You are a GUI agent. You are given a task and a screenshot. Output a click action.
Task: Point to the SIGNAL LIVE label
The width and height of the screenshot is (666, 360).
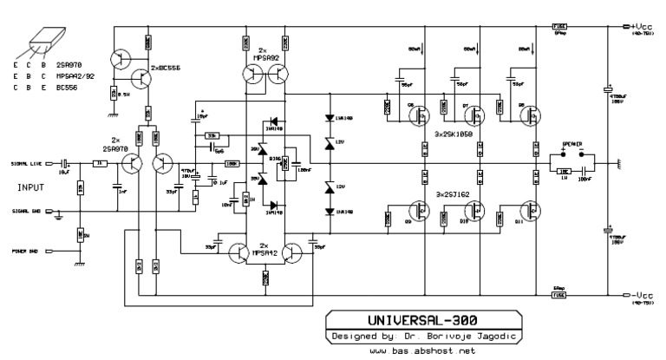click(25, 162)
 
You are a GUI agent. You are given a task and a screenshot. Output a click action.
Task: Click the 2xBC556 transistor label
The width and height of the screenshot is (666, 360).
click(166, 67)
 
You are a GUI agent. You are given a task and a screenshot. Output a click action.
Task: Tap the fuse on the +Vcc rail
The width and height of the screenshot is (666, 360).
click(560, 26)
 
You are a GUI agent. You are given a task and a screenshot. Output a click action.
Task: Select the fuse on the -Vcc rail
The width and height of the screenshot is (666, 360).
click(560, 296)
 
